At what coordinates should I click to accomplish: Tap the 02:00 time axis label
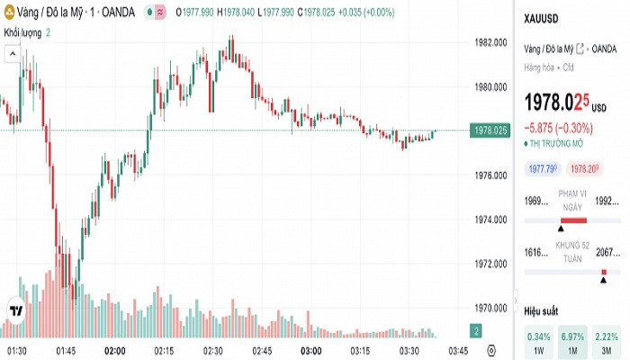pyautogui.click(x=114, y=349)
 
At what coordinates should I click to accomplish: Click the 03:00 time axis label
pyautogui.click(x=311, y=349)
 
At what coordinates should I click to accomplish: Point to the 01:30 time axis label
pyautogui.click(x=16, y=349)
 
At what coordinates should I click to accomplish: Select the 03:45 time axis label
pyautogui.click(x=458, y=349)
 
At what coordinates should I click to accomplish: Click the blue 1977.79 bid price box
pyautogui.click(x=543, y=168)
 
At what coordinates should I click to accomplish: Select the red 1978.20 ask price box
pyautogui.click(x=585, y=168)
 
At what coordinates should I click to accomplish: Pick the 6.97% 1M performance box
pyautogui.click(x=573, y=342)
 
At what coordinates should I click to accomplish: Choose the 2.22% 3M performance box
pyautogui.click(x=607, y=342)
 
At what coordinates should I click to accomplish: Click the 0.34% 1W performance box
pyautogui.click(x=539, y=342)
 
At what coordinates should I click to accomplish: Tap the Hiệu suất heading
pyautogui.click(x=543, y=310)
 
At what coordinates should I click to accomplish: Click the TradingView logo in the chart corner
pyautogui.click(x=15, y=310)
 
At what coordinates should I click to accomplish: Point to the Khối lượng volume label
pyautogui.click(x=22, y=32)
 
